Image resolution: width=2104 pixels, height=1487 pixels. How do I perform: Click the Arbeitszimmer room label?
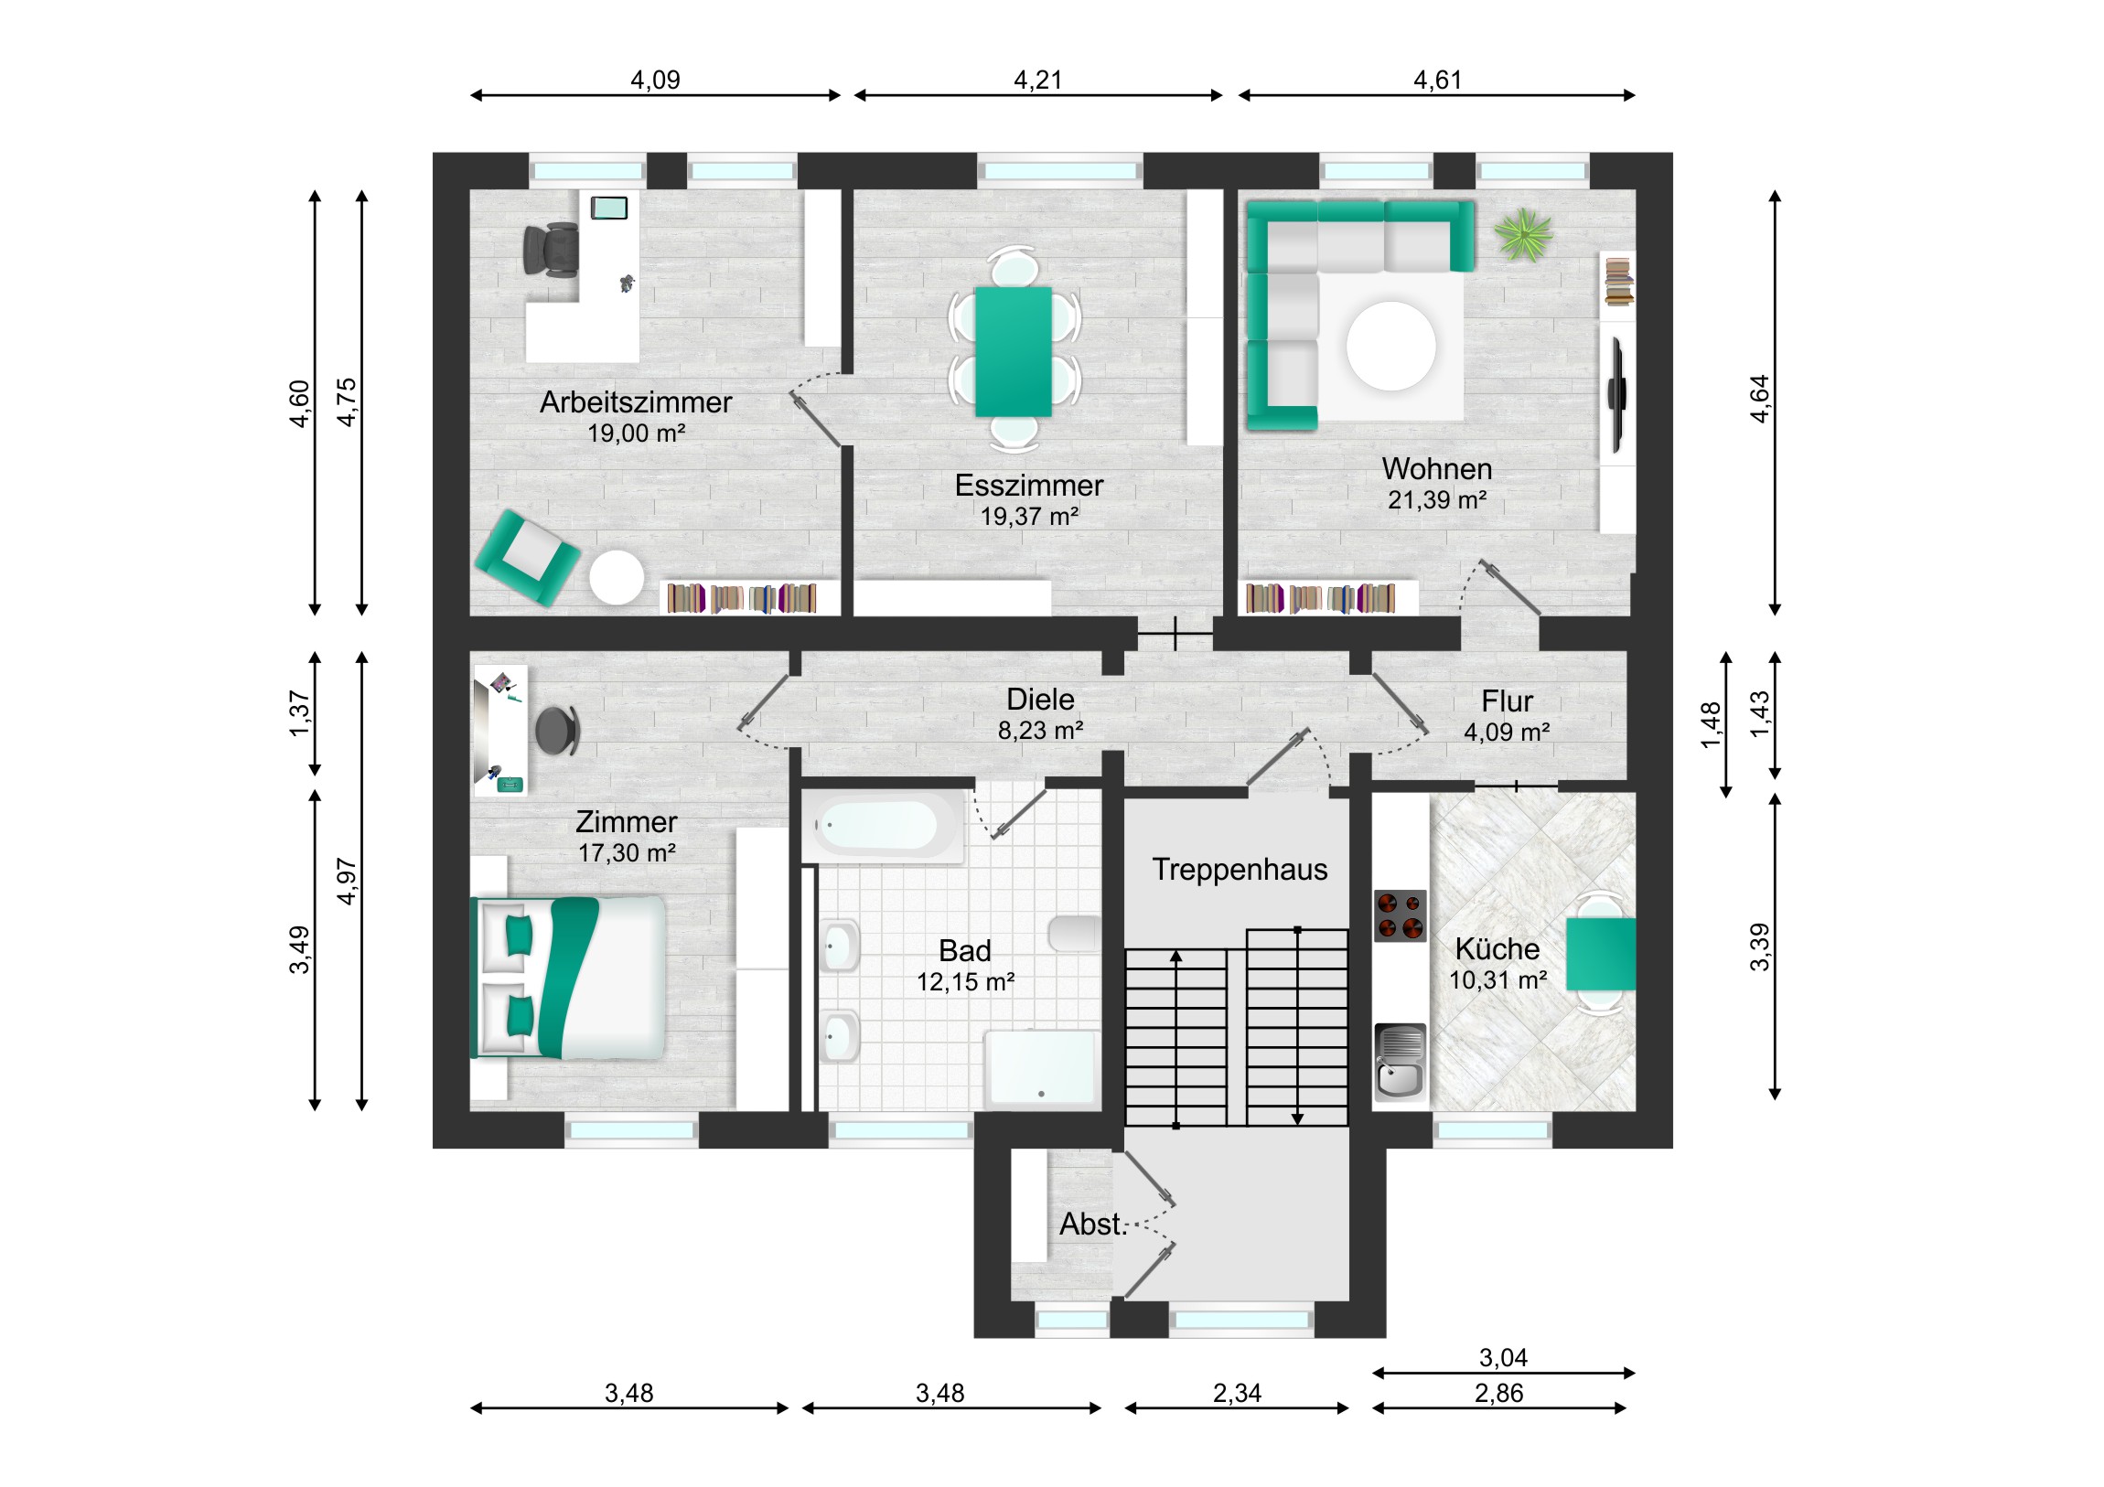tap(635, 402)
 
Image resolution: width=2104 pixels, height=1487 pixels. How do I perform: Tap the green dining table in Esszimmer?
tap(1013, 352)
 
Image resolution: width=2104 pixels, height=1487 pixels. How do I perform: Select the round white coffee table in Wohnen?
tap(1390, 347)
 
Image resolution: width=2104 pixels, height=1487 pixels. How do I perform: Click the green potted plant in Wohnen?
tap(1523, 234)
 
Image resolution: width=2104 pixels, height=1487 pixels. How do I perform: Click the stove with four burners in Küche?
tap(1400, 915)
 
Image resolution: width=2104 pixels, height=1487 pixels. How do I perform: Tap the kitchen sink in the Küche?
tap(1401, 1060)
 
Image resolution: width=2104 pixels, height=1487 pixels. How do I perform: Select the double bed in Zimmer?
tap(567, 978)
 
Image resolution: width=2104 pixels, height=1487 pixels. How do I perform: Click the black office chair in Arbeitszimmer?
tap(551, 251)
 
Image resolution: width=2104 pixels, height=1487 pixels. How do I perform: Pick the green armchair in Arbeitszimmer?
tap(527, 558)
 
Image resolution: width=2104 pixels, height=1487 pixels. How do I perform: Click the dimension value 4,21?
tap(1037, 80)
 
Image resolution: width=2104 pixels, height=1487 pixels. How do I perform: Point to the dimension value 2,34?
tap(1237, 1394)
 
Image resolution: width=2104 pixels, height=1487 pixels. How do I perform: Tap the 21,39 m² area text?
tap(1437, 500)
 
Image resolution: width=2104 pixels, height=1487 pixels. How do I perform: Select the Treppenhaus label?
tap(1240, 870)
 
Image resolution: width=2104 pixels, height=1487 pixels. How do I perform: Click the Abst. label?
tap(1092, 1224)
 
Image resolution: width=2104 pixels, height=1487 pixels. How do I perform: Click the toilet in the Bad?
tap(1074, 934)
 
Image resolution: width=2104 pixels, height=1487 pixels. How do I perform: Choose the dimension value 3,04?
tap(1503, 1358)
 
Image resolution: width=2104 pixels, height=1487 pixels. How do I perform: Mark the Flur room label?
tap(1507, 701)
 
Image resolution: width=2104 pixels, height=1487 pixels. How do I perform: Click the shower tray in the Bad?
tap(1040, 1068)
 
